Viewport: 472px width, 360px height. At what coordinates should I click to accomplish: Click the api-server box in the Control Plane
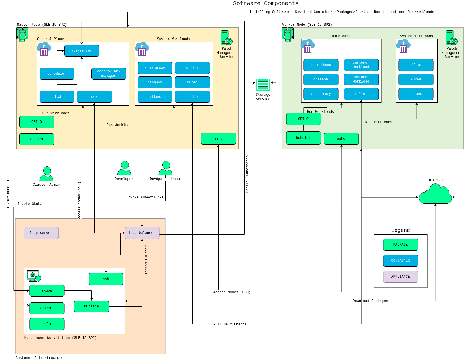pos(82,50)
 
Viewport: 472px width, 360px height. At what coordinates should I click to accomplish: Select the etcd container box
pos(57,97)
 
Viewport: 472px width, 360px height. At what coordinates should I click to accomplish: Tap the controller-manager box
pos(109,74)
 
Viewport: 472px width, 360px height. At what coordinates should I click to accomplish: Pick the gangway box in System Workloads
pos(155,82)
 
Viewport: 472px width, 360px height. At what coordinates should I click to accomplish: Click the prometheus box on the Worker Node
pos(321,65)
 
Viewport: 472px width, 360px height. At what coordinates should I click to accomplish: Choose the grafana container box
pos(321,79)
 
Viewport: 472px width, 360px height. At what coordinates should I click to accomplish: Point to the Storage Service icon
pos(263,85)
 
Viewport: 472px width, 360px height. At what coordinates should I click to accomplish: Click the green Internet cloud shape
pos(435,195)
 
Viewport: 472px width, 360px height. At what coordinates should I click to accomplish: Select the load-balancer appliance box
pos(142,233)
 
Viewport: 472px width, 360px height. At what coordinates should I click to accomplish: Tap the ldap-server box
pos(41,233)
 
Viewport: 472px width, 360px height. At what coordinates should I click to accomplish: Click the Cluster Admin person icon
pos(46,174)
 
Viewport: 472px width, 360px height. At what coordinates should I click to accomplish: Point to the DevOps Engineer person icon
pos(166,168)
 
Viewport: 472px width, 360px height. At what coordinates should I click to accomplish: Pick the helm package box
pos(47,324)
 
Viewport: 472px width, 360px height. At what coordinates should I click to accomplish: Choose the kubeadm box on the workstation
pos(91,306)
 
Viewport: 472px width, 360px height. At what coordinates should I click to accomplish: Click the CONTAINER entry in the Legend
pos(400,260)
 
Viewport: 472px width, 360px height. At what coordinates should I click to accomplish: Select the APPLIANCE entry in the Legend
pos(400,277)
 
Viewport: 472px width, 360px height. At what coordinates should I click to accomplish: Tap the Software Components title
pos(266,3)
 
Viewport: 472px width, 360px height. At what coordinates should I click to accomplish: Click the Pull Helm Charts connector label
pos(230,324)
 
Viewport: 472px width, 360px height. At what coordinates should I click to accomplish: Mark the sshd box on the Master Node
pos(218,138)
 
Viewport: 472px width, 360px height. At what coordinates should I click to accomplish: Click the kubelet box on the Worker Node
pos(303,138)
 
